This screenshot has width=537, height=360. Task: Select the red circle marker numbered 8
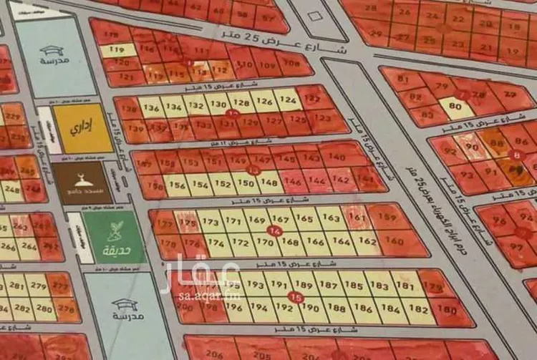pyautogui.click(x=517, y=155)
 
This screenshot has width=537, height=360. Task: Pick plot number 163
pyautogui.click(x=332, y=218)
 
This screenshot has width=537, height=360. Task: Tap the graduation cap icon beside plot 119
pyautogui.click(x=52, y=50)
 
